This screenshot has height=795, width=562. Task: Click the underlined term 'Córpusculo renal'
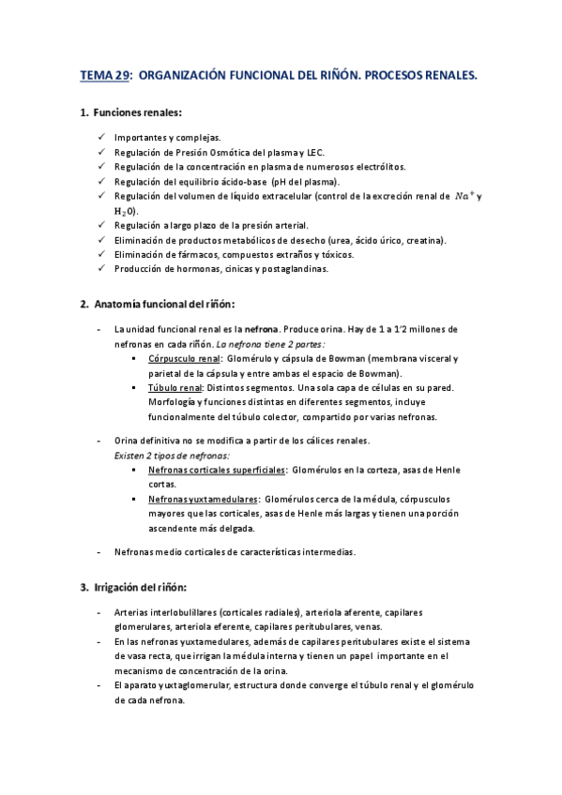point(183,358)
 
